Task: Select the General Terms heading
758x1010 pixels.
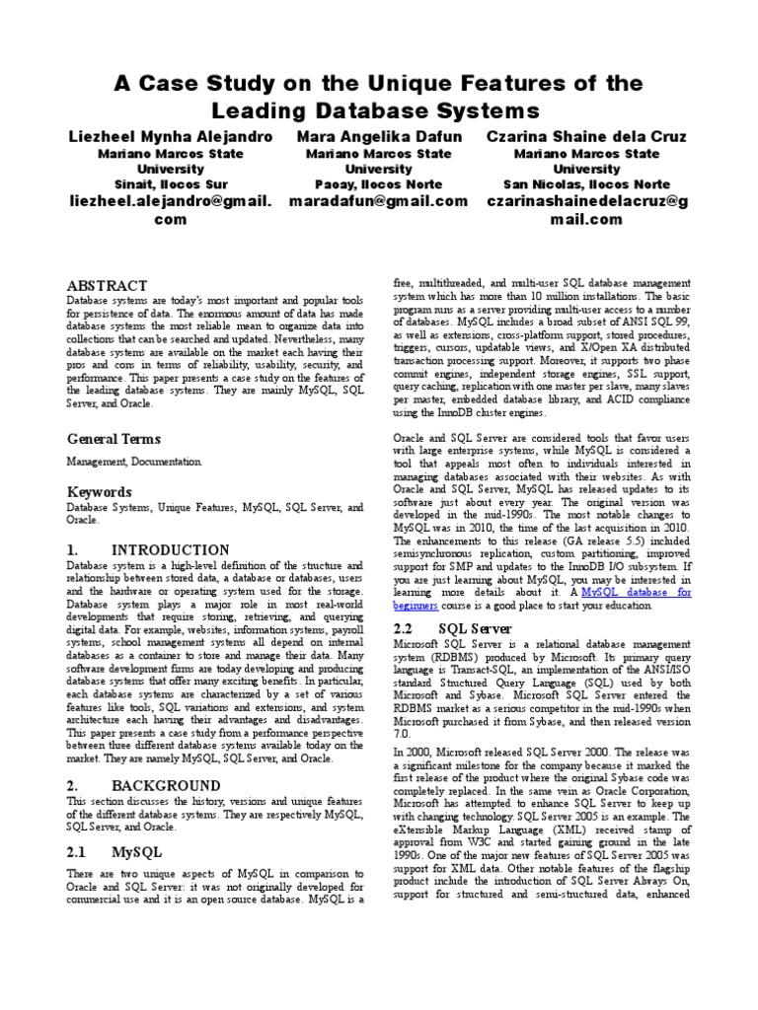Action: (x=114, y=438)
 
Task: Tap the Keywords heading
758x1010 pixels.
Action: (x=99, y=491)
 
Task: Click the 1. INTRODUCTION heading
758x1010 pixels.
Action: (x=148, y=549)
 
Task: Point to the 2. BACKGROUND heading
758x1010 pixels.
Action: (x=143, y=785)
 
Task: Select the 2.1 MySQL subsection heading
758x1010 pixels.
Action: (x=114, y=850)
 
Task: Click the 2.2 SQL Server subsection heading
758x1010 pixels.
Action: (x=453, y=628)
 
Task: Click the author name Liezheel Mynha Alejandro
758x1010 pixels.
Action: (x=171, y=136)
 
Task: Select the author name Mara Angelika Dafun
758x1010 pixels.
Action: (x=379, y=136)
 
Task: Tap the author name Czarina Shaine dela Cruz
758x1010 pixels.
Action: (x=587, y=136)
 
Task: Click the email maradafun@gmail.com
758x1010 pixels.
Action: (x=379, y=201)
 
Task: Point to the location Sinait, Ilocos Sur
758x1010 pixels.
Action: (x=171, y=184)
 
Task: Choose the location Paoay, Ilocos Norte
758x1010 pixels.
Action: (x=379, y=184)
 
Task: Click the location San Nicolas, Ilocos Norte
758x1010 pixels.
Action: (x=587, y=184)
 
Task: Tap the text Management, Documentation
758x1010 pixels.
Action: (x=134, y=461)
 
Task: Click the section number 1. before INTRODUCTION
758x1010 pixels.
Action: (x=73, y=549)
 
